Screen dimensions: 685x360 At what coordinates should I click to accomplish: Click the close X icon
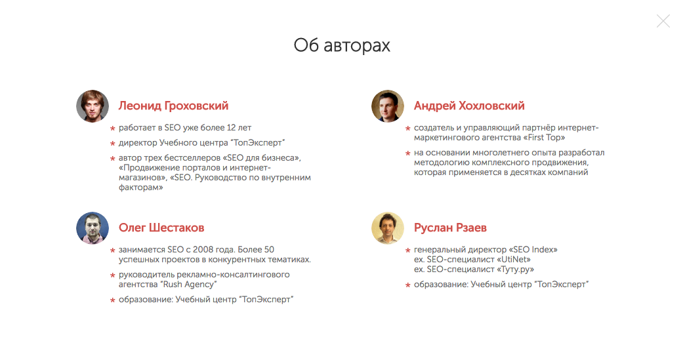(x=663, y=21)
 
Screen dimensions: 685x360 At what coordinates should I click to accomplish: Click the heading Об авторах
(x=342, y=45)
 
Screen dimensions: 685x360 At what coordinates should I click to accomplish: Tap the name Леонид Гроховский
(x=173, y=106)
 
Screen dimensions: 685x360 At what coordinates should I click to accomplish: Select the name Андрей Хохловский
(x=469, y=106)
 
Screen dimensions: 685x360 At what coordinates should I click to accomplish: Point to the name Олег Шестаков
(x=161, y=228)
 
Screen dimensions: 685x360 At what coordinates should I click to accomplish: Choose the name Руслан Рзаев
(x=450, y=228)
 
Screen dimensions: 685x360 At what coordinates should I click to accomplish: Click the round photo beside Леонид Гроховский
(x=93, y=106)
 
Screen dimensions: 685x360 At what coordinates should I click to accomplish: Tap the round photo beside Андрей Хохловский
(x=388, y=106)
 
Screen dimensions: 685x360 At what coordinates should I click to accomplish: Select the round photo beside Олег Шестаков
(x=93, y=228)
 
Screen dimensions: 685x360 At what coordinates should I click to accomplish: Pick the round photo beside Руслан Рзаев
(x=388, y=228)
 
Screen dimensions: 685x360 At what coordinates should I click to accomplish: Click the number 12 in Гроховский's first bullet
(x=231, y=128)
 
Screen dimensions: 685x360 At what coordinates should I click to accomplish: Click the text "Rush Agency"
(x=189, y=285)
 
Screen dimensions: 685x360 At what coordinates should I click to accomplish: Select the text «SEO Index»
(x=533, y=250)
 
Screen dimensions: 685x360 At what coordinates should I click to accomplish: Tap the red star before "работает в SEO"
(x=113, y=129)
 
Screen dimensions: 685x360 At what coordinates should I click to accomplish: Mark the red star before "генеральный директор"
(x=408, y=250)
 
